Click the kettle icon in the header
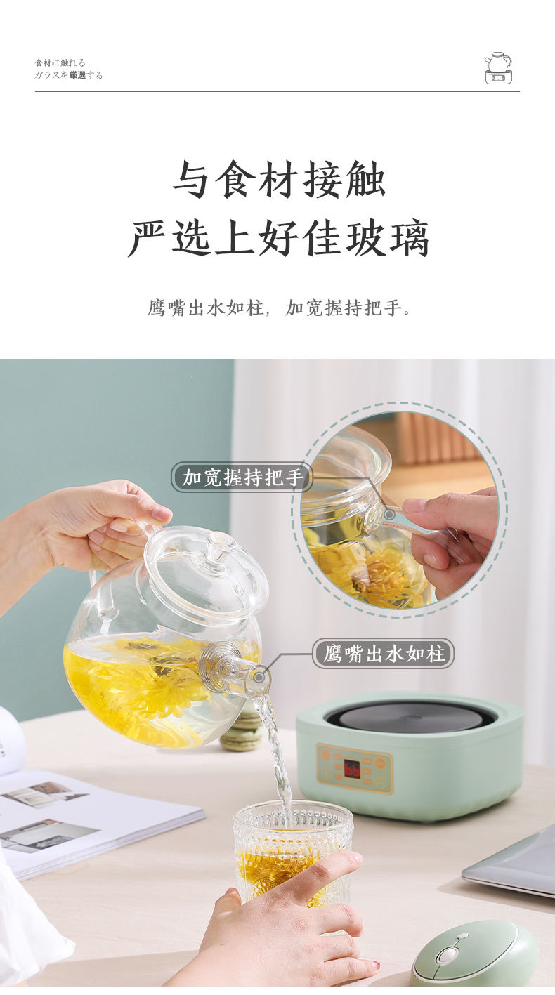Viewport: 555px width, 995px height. [x=498, y=68]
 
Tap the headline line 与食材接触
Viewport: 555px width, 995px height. [x=279, y=180]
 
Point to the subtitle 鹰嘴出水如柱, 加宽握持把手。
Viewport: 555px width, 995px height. [x=279, y=308]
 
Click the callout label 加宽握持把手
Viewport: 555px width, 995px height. [x=242, y=477]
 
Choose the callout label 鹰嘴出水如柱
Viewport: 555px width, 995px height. [x=384, y=653]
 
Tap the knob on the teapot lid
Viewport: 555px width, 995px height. [x=220, y=543]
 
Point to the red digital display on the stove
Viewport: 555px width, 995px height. [x=352, y=768]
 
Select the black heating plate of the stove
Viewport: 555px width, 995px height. [x=411, y=717]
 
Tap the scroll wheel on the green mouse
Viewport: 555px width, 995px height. [x=449, y=954]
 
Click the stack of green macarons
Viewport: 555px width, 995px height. [x=242, y=730]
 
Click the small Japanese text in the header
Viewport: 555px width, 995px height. [x=69, y=69]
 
